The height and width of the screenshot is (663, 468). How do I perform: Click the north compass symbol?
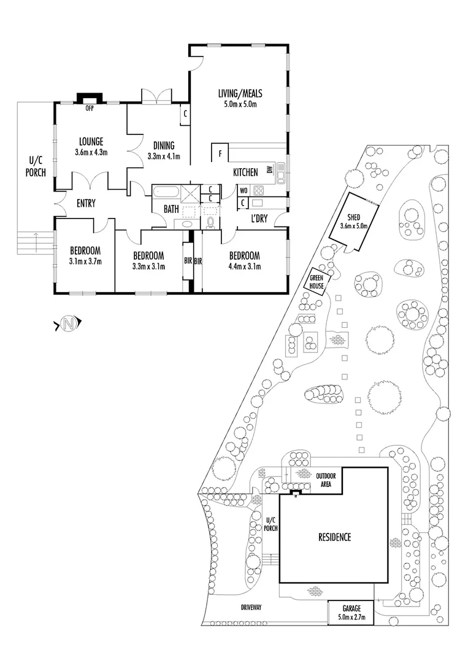(69, 324)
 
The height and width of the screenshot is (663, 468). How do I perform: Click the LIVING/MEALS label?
(240, 93)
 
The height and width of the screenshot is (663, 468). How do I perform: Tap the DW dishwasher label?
(269, 169)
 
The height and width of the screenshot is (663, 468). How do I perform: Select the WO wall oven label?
(244, 190)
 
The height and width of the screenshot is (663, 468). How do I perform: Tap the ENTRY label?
(86, 204)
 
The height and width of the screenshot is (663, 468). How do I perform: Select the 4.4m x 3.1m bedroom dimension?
(244, 266)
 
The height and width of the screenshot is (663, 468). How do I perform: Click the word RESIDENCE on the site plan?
(334, 537)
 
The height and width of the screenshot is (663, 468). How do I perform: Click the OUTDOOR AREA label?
(325, 479)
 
